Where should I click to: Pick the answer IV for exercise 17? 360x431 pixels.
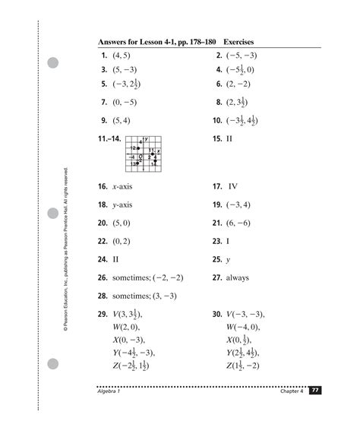tap(233, 185)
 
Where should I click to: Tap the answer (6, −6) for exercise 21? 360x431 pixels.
tap(243, 223)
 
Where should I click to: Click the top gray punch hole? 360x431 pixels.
tap(54, 63)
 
